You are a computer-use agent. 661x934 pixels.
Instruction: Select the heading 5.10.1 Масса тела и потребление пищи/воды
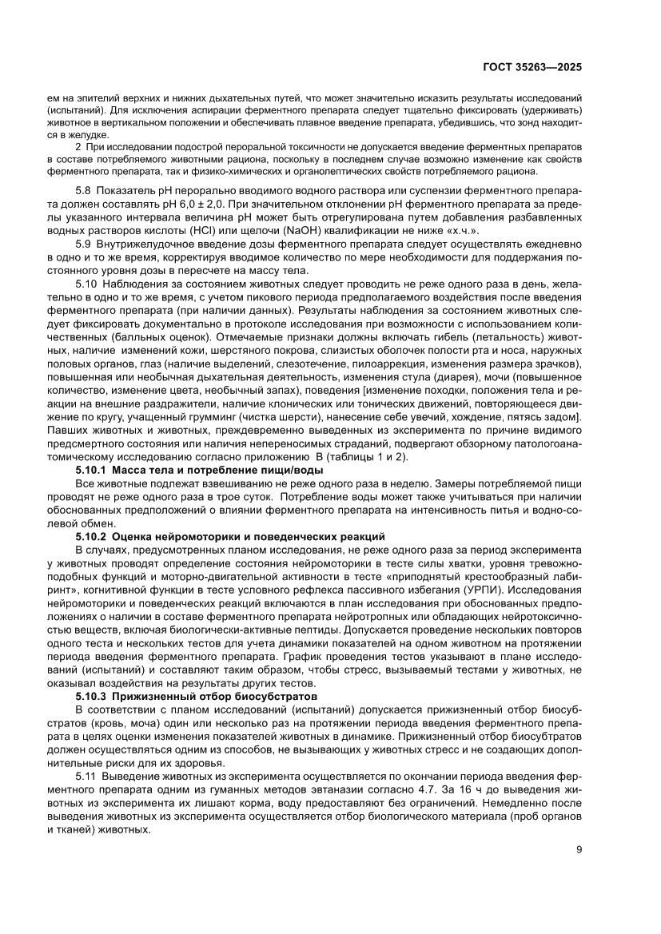[189, 471]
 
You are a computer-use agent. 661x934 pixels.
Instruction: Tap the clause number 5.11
[87, 776]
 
